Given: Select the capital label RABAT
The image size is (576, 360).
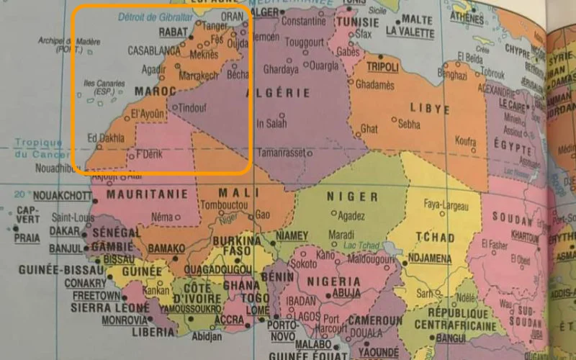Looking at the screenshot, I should tap(172, 32).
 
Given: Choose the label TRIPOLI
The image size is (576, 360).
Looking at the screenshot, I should tap(382, 67).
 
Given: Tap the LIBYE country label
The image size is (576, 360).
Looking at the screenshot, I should tap(430, 109).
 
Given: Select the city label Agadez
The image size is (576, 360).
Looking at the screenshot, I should tap(351, 215).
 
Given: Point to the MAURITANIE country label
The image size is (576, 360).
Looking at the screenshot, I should tap(148, 194).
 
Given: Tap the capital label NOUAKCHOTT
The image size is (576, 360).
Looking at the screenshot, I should tap(62, 195).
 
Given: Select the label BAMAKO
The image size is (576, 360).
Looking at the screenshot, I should tap(166, 248).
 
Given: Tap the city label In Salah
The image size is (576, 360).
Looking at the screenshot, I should tap(271, 123).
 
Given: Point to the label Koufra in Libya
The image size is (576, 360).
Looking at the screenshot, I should tap(465, 141).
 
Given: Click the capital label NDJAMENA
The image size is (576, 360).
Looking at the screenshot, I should tap(429, 258).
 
